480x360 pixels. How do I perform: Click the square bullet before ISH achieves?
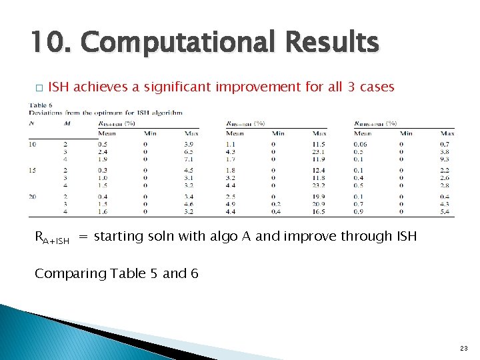coord(39,88)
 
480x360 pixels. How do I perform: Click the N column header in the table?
coord(32,123)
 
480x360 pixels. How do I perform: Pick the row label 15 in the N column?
coord(33,171)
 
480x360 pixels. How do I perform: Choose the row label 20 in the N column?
coord(33,197)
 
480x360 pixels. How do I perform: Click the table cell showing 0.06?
coord(361,145)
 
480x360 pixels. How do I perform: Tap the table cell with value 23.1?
coord(319,152)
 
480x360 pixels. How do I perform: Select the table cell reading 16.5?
coord(319,212)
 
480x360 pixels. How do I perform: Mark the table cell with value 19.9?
coord(319,197)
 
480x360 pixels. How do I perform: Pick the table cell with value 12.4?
coord(319,171)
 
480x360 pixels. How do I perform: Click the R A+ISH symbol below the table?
coord(51,237)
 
